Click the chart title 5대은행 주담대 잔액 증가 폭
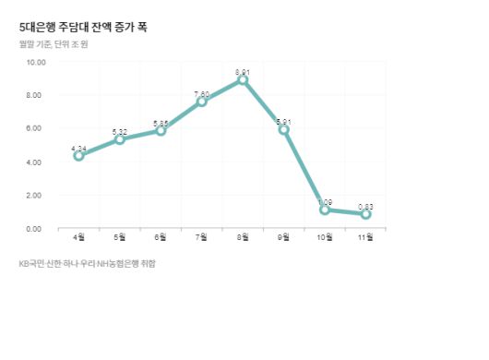tap(82, 28)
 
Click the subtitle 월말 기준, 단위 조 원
tap(53, 44)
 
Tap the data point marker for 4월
tap(79, 156)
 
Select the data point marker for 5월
tap(120, 139)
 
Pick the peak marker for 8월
tap(243, 80)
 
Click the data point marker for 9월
tap(284, 129)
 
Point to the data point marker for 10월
tap(325, 210)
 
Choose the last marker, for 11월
tap(366, 214)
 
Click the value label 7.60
tap(202, 92)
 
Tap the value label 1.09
tap(325, 200)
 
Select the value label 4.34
tap(79, 147)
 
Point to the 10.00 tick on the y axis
tap(36, 62)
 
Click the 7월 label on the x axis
tap(202, 238)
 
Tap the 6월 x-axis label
tap(161, 238)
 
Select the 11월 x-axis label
tap(366, 238)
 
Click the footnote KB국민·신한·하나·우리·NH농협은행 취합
tap(88, 264)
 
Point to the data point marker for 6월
tap(161, 131)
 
